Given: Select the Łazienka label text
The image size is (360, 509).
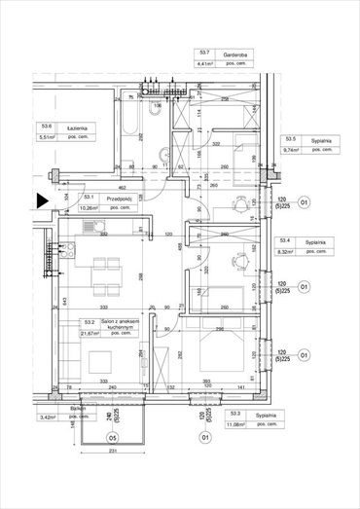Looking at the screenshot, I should pos(79,127).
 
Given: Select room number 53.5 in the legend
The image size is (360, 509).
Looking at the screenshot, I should pos(289,140).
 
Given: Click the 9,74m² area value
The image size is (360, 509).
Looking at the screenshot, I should pos(290,151).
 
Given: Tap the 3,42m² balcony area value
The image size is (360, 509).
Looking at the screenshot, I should pos(46,417).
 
